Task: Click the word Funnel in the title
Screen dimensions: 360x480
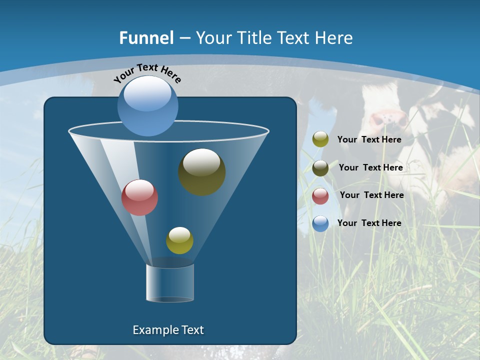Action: [x=146, y=38]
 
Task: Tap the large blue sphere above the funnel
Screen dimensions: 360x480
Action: [x=148, y=106]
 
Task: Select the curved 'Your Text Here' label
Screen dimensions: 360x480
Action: [x=147, y=73]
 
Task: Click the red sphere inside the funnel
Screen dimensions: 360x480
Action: [x=140, y=197]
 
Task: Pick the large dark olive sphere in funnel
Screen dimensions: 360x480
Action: [x=202, y=172]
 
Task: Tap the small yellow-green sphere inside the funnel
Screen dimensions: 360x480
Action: [x=179, y=240]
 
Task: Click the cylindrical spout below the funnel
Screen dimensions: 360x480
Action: [x=170, y=283]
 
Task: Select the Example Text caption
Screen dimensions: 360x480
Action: [x=168, y=330]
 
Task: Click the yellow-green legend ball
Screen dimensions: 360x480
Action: [x=320, y=139]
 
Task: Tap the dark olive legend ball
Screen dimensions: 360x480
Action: [x=320, y=168]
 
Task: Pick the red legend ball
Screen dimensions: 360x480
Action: [x=320, y=195]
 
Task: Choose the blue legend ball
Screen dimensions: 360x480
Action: [x=320, y=223]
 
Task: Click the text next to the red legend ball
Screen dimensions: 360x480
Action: [x=371, y=195]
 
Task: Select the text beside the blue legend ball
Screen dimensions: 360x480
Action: [x=369, y=223]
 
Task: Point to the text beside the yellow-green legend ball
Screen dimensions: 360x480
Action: [x=369, y=139]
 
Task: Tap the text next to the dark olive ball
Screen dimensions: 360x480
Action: [x=370, y=167]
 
